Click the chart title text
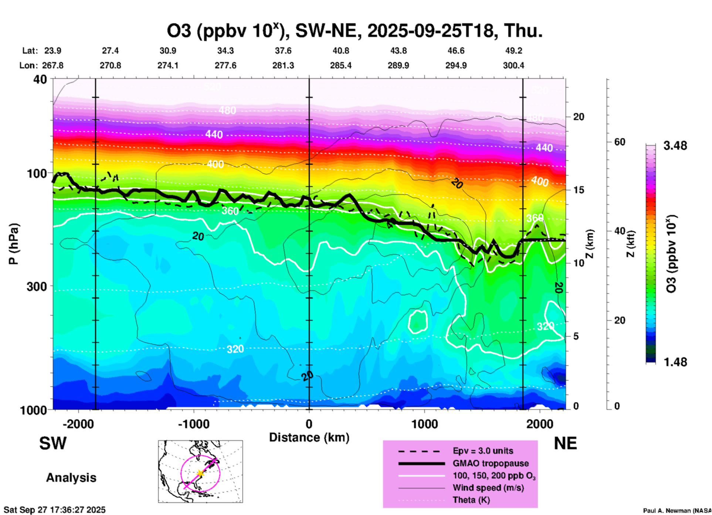pos(355,31)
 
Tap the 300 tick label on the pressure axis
pos(37,286)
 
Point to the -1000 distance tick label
pos(193,424)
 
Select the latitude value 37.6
pos(283,51)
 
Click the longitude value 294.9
pos(456,65)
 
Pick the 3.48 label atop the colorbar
pos(675,146)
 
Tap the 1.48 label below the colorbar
pos(675,362)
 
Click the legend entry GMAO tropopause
pos(491,463)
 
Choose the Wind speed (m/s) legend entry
pos(488,488)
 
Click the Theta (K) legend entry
pos(471,500)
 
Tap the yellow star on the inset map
pos(200,473)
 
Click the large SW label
pos(53,443)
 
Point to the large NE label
pos(565,443)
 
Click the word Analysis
pos(71,478)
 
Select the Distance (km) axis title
pos(309,437)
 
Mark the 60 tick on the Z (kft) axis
pos(620,142)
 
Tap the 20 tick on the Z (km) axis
pos(579,117)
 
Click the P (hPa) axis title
pos(14,244)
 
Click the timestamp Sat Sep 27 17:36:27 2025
pos(55,510)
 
